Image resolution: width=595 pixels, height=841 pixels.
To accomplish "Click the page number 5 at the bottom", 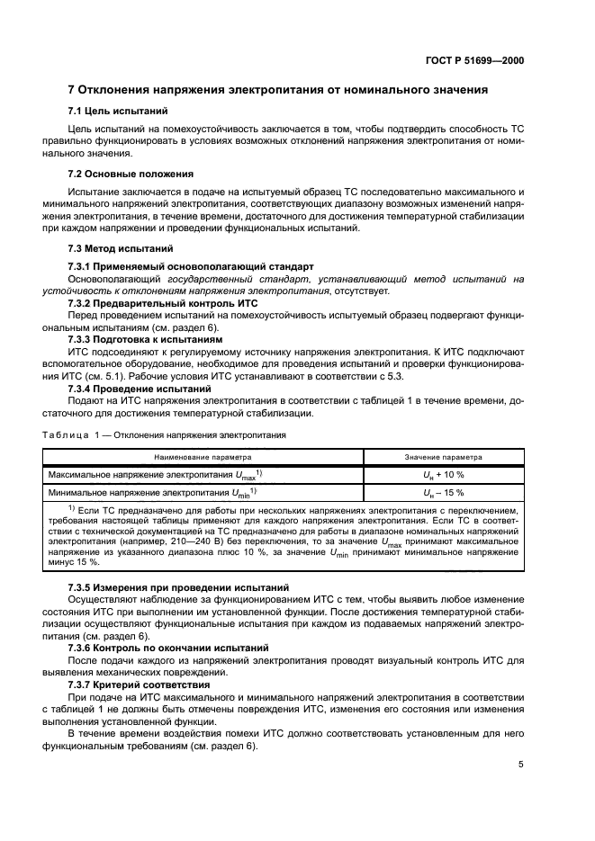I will [x=522, y=765].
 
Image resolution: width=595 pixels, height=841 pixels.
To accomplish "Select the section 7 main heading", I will [x=278, y=90].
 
